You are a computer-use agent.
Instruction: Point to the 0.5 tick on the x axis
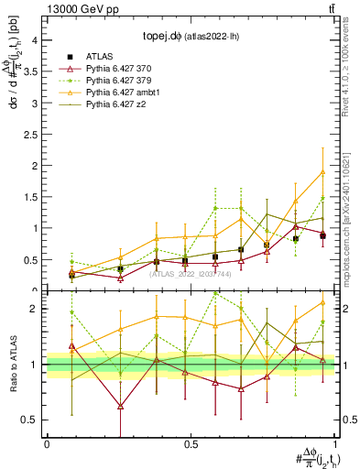(190, 444)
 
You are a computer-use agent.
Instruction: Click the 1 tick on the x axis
(334, 444)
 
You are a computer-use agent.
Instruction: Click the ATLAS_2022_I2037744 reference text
(190, 274)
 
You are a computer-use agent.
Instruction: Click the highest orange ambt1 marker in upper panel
(322, 171)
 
